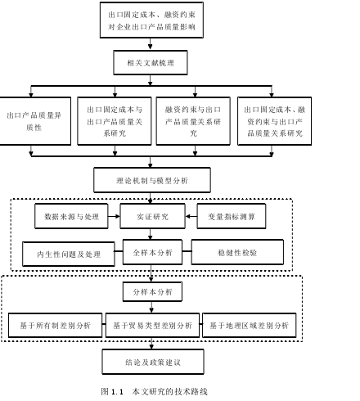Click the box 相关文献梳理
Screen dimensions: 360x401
(151, 62)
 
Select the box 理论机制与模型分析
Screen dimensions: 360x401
(152, 180)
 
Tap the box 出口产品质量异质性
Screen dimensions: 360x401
(35, 121)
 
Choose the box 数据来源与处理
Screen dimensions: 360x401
(71, 216)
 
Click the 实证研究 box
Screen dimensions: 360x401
(153, 216)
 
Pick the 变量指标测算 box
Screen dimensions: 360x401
(232, 216)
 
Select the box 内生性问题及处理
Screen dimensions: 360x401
(69, 254)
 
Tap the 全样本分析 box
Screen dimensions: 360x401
(152, 252)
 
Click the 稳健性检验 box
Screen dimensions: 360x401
(237, 252)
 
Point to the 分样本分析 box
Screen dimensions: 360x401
(152, 292)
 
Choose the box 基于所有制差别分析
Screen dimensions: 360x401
(56, 325)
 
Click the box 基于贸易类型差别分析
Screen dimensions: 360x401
(152, 325)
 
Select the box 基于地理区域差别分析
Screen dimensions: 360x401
(250, 325)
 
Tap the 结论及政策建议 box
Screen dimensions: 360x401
(153, 362)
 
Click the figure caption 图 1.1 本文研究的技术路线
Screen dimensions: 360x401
(155, 391)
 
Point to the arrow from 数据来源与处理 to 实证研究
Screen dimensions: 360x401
(114, 216)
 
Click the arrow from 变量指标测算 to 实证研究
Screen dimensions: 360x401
(191, 216)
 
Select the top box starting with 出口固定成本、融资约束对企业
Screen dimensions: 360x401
(151, 20)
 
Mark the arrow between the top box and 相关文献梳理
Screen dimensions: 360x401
(151, 44)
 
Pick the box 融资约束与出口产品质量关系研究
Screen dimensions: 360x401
(193, 121)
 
